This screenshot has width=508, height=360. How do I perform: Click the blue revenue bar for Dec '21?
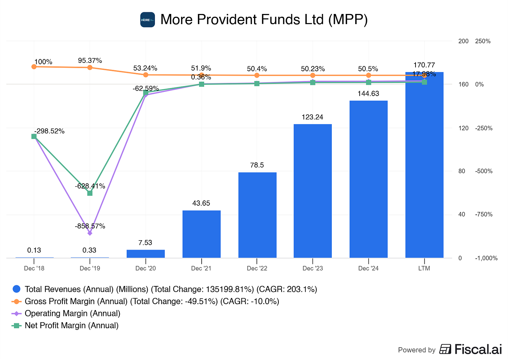(x=201, y=234)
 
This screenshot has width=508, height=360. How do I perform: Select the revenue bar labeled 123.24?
(x=313, y=191)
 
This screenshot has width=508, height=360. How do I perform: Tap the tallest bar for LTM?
(x=424, y=165)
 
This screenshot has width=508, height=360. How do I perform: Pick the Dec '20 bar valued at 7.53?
(x=145, y=254)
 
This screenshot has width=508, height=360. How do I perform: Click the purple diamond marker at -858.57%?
(x=90, y=233)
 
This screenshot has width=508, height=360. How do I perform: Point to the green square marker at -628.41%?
(x=90, y=193)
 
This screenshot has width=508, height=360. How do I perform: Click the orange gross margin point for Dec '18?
(x=34, y=67)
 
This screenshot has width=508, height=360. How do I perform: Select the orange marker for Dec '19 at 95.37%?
(x=90, y=67)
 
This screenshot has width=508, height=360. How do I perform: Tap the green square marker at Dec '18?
(x=34, y=136)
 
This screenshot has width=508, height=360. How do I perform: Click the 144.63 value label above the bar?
(x=368, y=94)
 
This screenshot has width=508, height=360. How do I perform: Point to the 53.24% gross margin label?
(x=145, y=68)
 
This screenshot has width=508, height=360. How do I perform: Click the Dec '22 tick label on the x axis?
(x=257, y=269)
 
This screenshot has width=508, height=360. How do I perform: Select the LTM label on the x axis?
(x=424, y=269)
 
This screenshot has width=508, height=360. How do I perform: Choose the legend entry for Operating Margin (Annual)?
(x=72, y=313)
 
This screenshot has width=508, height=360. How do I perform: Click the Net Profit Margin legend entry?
(x=72, y=325)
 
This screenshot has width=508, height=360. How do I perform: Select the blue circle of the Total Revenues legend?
(x=16, y=289)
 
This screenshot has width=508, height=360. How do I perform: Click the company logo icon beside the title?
(x=147, y=20)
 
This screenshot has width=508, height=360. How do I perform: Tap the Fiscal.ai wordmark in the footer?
(x=478, y=350)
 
